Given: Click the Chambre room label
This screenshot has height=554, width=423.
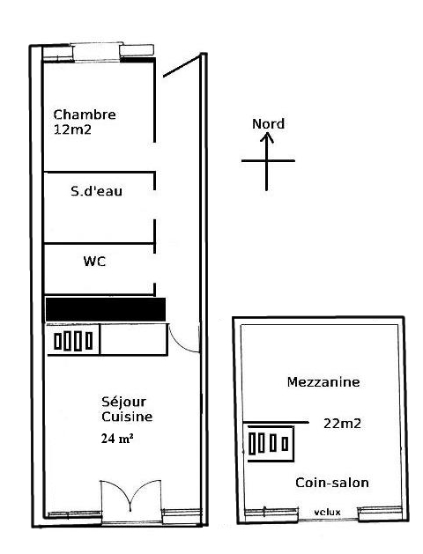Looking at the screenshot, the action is coord(85,114).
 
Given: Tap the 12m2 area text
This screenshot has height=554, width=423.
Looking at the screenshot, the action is coord(72,129).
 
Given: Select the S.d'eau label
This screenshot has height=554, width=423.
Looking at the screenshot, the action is coord(96,191).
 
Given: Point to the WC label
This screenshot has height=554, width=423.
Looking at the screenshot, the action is coord(94,262).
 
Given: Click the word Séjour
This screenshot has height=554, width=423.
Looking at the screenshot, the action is coord(123,403).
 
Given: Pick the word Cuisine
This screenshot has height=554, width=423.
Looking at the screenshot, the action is coord(127,417).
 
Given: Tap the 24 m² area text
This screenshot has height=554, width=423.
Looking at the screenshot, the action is coord(117,439).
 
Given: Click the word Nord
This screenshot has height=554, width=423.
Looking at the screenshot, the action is coord(268,123).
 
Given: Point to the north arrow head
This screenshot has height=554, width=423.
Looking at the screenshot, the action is coord(267,137).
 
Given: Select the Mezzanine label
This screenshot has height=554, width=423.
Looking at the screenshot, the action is coord(323,382).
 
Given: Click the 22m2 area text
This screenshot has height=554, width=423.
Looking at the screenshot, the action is coord(342,424).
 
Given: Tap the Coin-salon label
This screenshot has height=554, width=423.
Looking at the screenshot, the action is coord(332,483).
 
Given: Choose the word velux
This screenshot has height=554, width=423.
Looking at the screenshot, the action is coord(327,512).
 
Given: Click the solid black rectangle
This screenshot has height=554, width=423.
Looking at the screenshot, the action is coord(106,309).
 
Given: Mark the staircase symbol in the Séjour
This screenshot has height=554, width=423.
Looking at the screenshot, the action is coord(73,341).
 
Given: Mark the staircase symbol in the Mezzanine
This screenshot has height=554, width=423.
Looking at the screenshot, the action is coord(269,443).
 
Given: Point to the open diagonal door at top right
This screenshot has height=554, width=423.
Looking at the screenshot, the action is coord(182,66).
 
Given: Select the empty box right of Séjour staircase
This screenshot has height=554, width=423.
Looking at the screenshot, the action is coord(134,340).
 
